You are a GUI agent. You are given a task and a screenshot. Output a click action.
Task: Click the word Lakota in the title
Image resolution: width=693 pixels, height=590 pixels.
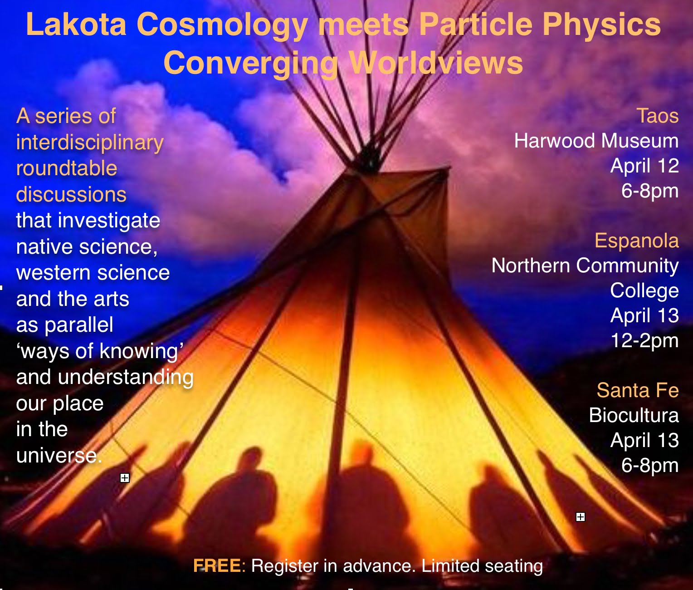click(76, 25)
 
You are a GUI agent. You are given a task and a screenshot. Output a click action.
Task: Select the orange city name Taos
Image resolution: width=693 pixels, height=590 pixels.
click(658, 116)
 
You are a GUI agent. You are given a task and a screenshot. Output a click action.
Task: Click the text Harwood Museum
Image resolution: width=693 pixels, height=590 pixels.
click(596, 141)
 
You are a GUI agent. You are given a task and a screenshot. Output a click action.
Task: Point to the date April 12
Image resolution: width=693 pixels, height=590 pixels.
click(644, 166)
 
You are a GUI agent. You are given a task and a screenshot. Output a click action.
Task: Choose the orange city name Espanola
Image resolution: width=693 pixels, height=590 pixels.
click(637, 241)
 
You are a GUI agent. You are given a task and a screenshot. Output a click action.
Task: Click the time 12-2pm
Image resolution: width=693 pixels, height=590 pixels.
click(645, 340)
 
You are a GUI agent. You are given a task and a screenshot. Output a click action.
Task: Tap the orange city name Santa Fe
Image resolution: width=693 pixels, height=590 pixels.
click(638, 390)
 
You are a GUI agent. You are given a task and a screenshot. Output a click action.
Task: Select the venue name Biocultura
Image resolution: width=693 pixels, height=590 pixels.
click(634, 415)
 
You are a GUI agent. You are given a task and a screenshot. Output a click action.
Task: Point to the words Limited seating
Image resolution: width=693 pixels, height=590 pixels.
click(482, 566)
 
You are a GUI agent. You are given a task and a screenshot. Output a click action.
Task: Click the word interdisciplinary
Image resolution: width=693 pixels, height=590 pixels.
click(90, 143)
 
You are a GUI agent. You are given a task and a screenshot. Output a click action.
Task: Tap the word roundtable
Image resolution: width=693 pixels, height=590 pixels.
click(67, 168)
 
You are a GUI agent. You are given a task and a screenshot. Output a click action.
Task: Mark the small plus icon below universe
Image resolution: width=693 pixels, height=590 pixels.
click(125, 478)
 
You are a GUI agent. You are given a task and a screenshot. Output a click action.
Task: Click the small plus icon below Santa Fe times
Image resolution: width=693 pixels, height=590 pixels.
click(581, 517)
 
